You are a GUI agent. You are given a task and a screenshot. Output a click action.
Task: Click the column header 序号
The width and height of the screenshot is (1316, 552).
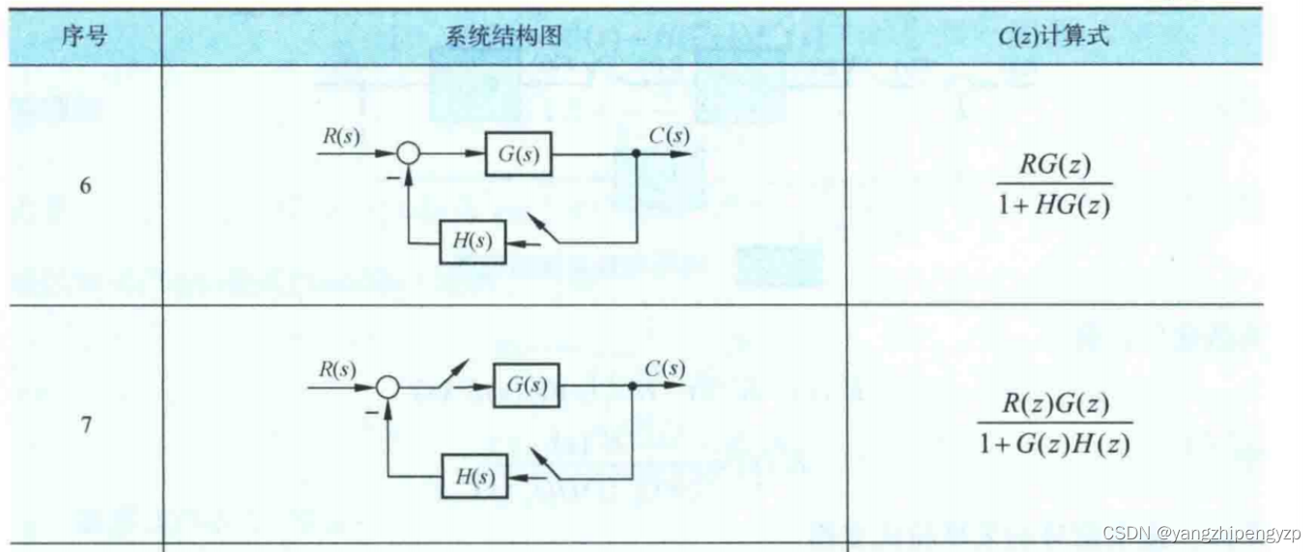[84, 38]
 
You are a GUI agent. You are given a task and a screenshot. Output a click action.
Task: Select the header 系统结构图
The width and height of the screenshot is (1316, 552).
[503, 38]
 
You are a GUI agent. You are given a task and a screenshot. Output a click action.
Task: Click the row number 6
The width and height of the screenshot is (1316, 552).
[85, 186]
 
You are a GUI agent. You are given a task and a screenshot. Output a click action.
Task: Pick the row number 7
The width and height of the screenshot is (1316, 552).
[85, 425]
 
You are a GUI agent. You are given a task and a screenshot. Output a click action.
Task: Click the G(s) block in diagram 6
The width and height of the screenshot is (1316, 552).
[519, 155]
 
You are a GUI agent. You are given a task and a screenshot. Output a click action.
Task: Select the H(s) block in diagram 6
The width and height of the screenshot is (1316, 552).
[472, 242]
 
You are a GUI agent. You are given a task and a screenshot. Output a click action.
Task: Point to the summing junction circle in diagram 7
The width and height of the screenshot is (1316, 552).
[387, 387]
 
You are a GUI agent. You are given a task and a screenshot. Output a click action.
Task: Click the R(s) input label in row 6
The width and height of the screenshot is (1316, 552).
[341, 136]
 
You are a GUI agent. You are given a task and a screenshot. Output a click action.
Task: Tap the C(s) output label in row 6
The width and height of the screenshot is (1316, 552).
[669, 136]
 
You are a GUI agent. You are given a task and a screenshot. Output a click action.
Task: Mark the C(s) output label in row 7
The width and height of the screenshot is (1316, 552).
[665, 369]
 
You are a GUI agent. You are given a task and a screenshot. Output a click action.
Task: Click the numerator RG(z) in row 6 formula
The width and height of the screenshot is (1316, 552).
[1053, 166]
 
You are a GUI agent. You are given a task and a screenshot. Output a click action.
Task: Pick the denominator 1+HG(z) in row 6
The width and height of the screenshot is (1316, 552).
[1053, 206]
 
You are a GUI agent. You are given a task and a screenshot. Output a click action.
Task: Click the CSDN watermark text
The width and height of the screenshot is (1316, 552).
[1202, 533]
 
